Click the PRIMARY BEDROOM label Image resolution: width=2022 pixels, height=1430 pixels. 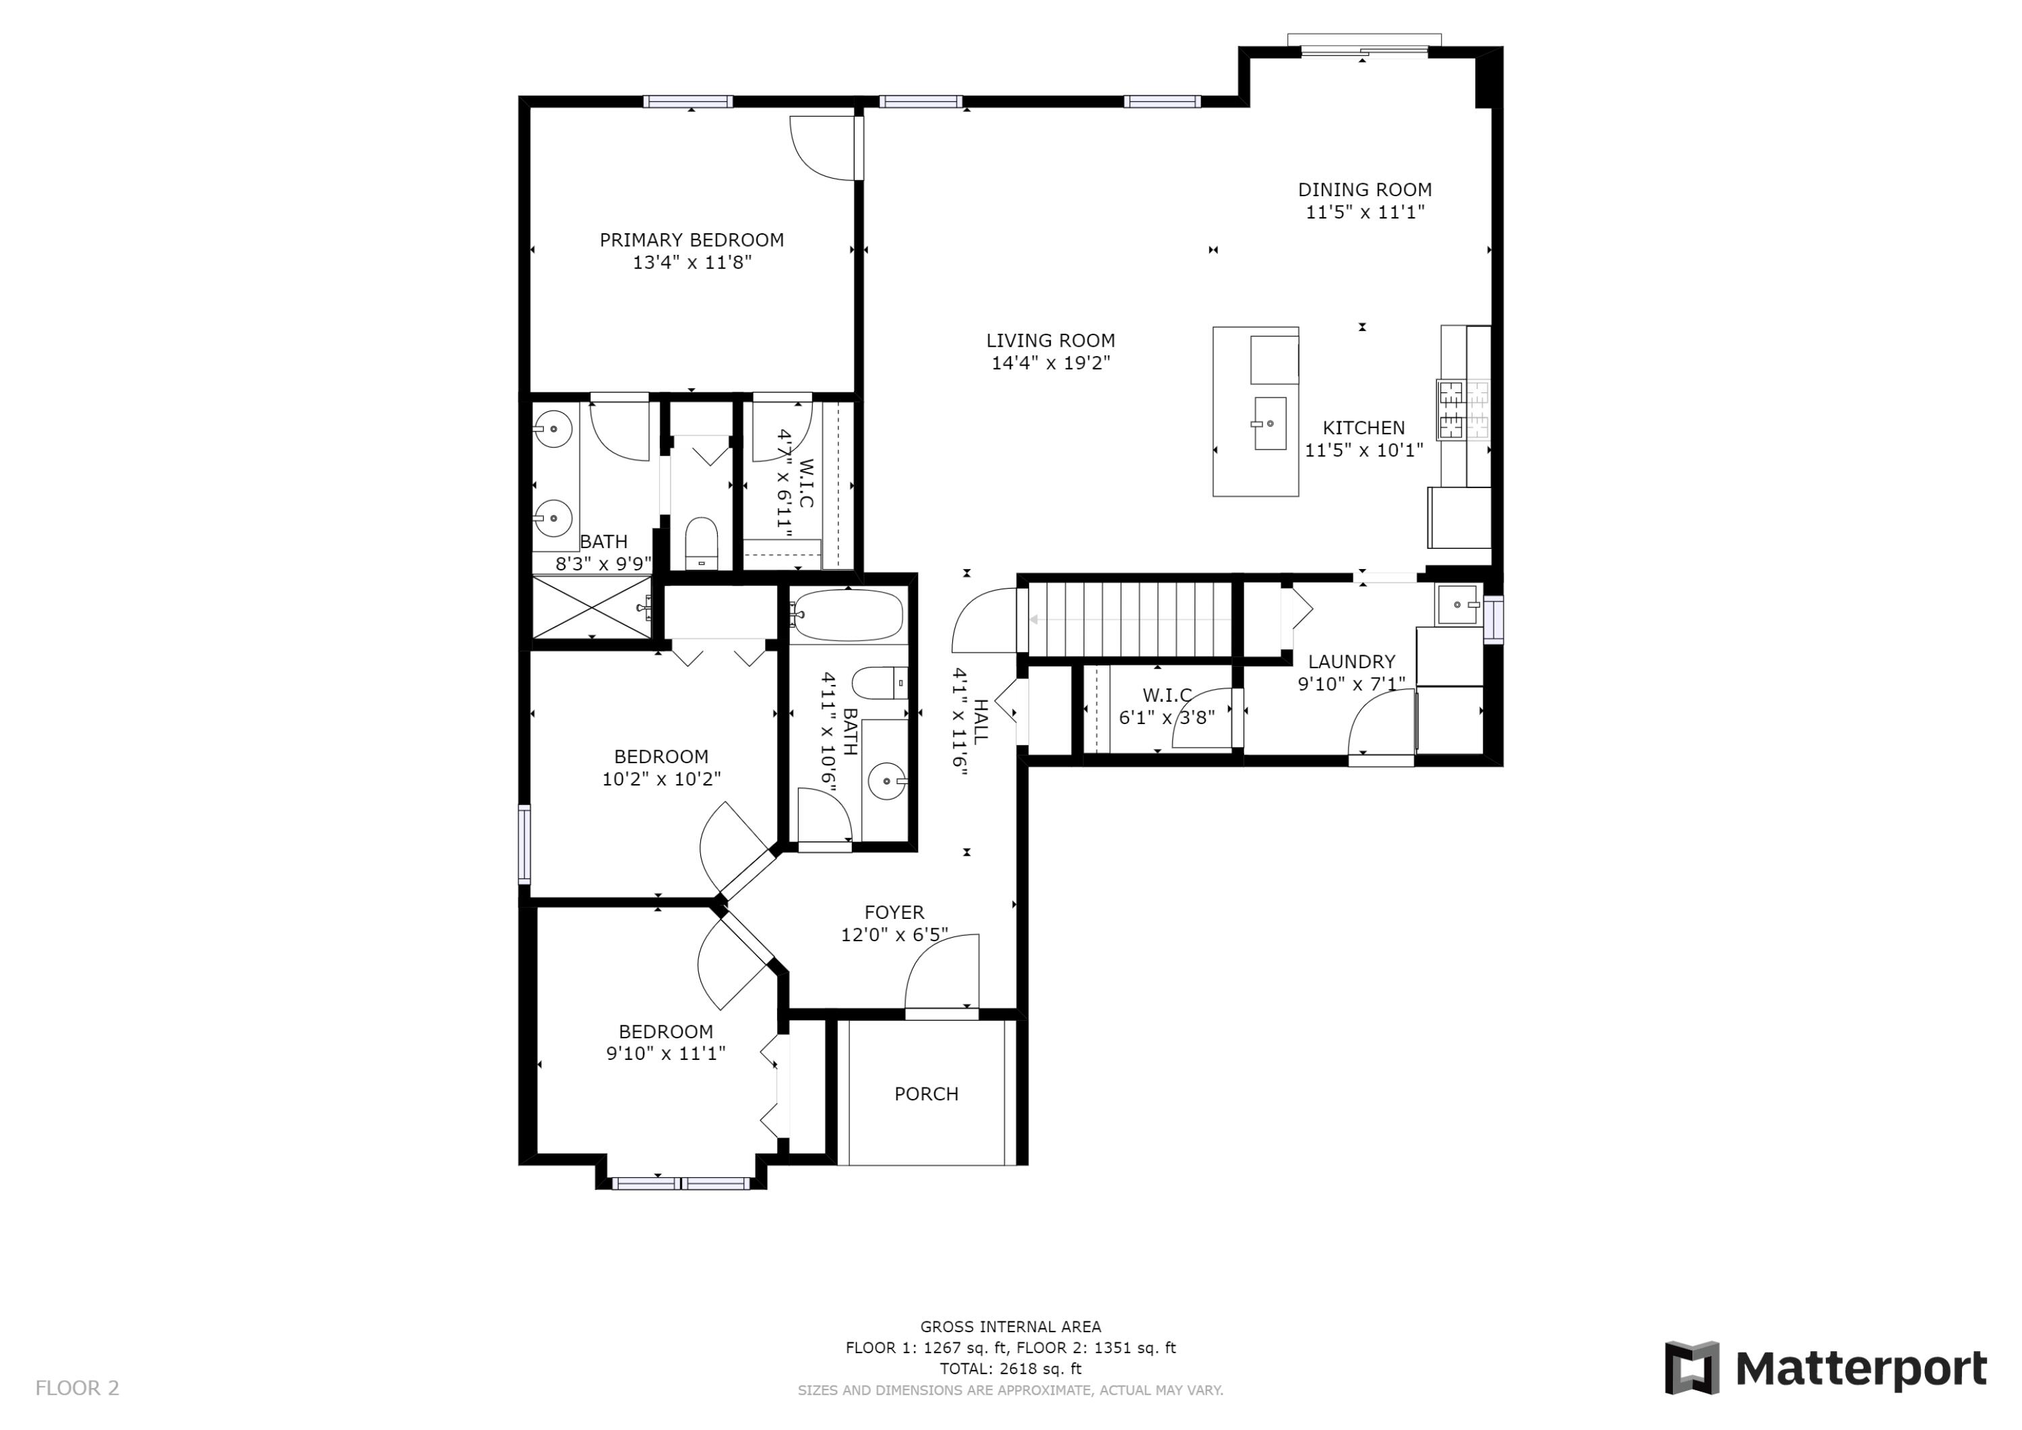point(692,239)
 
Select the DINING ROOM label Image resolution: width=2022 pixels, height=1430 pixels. point(1364,189)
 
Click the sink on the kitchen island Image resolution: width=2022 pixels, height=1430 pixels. point(1269,424)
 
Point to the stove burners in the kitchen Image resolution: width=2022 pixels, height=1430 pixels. point(1462,410)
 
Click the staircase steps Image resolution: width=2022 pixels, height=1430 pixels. point(1131,620)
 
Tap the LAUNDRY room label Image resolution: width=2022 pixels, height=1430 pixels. point(1351,661)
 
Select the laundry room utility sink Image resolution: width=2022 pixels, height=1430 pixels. point(1457,604)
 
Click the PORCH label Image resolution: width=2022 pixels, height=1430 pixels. point(925,1094)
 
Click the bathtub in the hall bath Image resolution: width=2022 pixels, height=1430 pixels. point(847,615)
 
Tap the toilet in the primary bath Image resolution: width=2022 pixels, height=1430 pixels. point(702,543)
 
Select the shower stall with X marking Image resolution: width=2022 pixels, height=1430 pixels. point(591,606)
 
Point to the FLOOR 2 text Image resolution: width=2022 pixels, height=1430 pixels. point(77,1389)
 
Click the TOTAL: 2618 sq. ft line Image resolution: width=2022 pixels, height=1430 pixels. point(1010,1369)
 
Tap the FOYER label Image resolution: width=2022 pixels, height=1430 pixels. point(894,913)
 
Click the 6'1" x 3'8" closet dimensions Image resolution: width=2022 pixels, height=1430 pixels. point(1166,717)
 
